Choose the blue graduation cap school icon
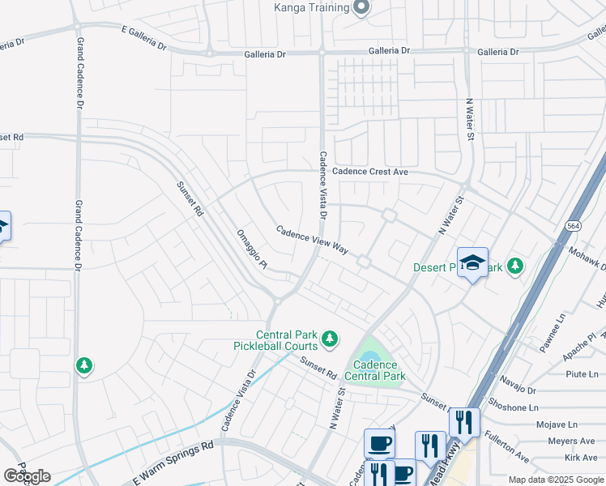click(472, 263)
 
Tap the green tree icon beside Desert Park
click(515, 266)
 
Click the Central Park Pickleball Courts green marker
click(329, 339)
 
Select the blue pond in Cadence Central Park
click(369, 356)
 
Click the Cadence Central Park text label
click(375, 370)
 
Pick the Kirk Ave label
click(583, 458)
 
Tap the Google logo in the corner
click(27, 475)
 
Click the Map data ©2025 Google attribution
click(557, 480)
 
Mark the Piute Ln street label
click(581, 373)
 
